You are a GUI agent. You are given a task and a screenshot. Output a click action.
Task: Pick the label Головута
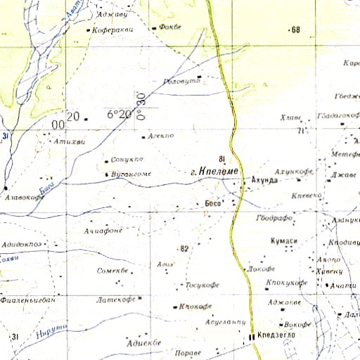click(x=181, y=82)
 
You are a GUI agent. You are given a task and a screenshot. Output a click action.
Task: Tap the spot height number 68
click(x=295, y=30)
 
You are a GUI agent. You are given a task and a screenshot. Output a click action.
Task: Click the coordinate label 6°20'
click(x=120, y=114)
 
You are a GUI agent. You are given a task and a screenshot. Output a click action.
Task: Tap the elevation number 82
click(x=185, y=249)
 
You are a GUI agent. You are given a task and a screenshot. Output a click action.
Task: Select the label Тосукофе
click(x=202, y=285)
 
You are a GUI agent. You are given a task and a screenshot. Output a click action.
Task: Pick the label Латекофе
click(x=115, y=300)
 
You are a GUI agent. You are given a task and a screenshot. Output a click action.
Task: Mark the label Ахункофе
click(x=294, y=171)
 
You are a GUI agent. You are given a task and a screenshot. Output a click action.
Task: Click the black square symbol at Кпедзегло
click(x=252, y=337)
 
